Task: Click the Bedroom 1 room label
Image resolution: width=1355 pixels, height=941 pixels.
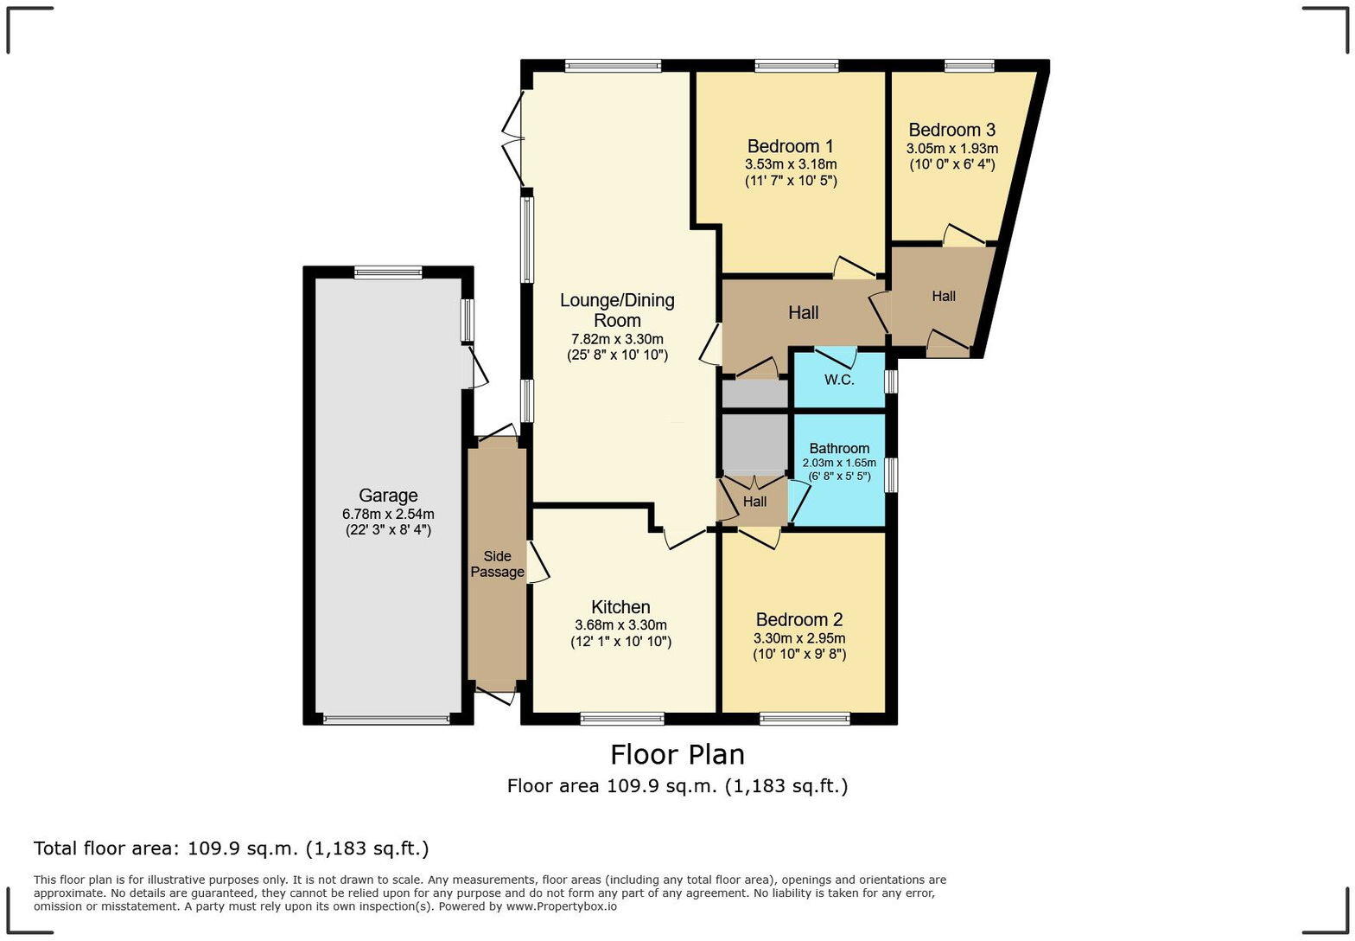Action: pos(790,146)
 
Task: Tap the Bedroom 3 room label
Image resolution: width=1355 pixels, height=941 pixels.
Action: pos(951,130)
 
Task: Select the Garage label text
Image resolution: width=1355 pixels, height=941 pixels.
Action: pos(388,496)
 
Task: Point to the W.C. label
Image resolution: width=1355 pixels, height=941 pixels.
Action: pos(838,380)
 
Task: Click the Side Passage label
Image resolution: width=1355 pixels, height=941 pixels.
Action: pos(497,564)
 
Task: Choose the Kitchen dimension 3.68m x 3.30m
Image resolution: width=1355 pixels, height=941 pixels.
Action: pos(620,625)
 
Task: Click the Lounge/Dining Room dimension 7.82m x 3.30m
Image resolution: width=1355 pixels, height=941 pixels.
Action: pos(617,339)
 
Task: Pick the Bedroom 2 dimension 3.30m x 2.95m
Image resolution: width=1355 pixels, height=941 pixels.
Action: pos(798,638)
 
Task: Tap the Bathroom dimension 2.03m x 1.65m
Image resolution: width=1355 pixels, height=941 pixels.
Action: pos(838,463)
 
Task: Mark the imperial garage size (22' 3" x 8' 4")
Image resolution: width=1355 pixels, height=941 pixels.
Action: pos(388,530)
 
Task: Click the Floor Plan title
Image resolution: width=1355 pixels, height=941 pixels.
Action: pos(677,754)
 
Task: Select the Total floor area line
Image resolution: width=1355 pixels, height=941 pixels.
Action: pos(231,848)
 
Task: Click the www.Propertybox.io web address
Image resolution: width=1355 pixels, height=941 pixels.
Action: pos(561,906)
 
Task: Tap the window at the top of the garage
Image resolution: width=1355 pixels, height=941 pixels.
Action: pos(388,272)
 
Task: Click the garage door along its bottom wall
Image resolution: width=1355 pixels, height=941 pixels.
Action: pos(386,719)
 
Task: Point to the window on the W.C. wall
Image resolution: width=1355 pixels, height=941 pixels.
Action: pos(892,381)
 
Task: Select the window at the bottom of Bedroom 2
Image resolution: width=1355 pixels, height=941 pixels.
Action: pos(805,718)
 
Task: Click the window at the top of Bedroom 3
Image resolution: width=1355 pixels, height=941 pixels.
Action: pos(969,66)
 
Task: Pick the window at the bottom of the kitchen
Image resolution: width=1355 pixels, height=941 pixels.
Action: pos(622,718)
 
